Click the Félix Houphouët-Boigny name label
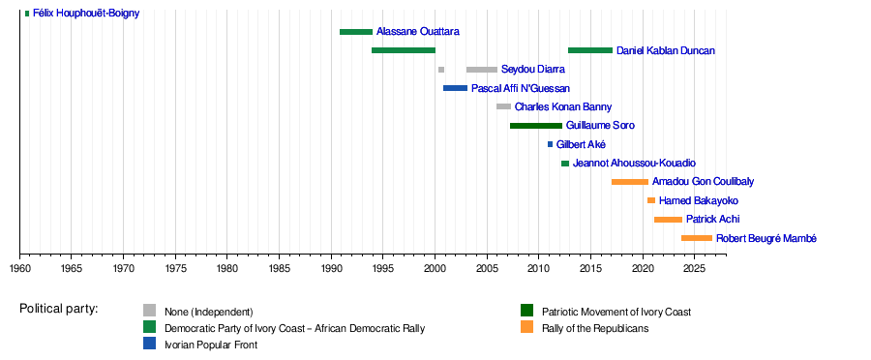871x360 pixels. coord(86,13)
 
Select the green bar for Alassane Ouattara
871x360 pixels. coord(356,32)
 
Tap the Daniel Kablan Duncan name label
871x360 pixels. coord(666,50)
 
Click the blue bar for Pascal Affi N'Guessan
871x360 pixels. coord(455,88)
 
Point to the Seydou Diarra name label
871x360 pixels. coord(532,70)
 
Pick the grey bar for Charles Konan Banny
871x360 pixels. coord(503,106)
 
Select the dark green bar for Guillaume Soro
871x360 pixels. coord(536,126)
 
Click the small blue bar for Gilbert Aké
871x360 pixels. coord(550,144)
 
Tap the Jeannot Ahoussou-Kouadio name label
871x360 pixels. coord(634,164)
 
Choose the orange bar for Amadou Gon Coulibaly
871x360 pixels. coord(630,182)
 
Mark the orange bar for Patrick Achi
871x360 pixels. coord(668,220)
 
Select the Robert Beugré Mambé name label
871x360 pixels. coord(759,238)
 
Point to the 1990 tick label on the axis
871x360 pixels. coord(332,269)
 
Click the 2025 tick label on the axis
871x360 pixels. coord(694,269)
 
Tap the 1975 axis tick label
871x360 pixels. coord(175,269)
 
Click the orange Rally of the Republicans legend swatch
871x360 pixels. coord(526,327)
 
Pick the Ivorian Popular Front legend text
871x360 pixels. coord(211,345)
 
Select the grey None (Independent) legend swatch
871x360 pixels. coord(149,310)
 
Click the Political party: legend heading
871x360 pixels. coord(59,309)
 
